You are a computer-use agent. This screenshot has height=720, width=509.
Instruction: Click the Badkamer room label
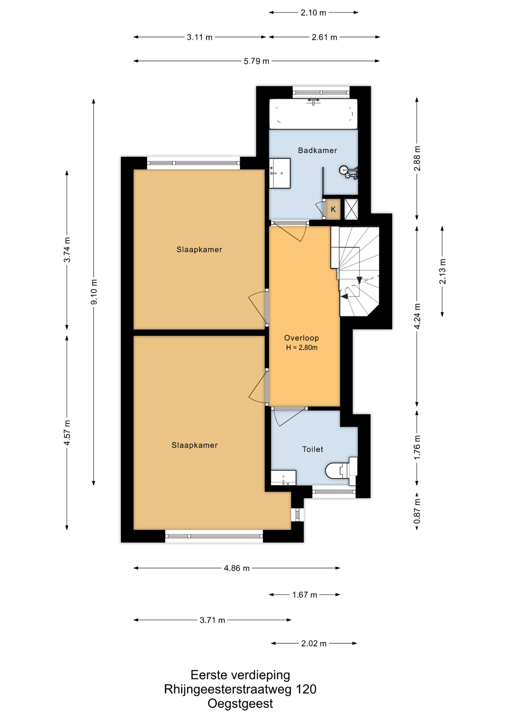pos(317,150)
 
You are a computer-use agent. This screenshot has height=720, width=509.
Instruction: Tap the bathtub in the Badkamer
pos(313,114)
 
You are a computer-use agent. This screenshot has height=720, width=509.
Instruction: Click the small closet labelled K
pos(333,209)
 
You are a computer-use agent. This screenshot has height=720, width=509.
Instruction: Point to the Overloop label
pos(301,338)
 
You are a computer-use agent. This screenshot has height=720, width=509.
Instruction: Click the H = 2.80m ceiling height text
pos(302,348)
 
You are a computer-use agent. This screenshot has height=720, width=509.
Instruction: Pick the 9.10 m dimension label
pos(94,292)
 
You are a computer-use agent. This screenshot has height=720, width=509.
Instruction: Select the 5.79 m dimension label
pos(256,61)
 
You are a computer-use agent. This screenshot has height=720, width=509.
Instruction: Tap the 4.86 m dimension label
pos(237,568)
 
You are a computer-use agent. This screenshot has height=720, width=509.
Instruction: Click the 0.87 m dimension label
pos(417,511)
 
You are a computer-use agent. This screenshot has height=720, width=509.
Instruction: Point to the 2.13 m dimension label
pos(443,271)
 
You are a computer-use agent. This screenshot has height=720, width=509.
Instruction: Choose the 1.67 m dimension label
pos(305,595)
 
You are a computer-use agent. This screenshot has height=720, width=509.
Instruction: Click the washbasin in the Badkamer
pos(280,173)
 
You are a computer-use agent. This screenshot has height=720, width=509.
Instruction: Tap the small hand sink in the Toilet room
pos(283,478)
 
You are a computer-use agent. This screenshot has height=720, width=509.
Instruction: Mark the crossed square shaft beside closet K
pos(351,209)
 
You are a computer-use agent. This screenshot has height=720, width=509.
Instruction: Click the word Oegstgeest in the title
pos(240,703)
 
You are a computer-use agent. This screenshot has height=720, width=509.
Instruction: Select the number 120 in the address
pos(306,689)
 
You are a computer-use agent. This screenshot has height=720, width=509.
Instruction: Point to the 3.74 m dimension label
pos(67,250)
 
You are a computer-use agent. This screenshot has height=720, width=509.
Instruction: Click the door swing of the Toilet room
pos(289,417)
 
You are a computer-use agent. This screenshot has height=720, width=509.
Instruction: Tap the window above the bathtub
pos(321,92)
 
